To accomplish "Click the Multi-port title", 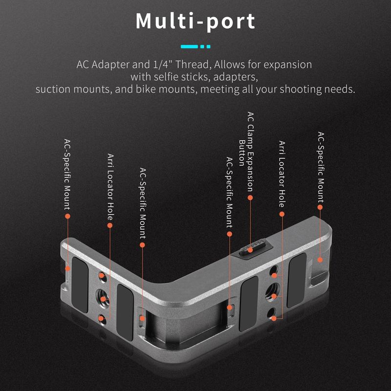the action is click(195, 22).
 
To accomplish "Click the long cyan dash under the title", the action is click(189, 46).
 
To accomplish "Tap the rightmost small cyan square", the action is click(209, 46).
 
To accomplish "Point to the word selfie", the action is click(166, 77).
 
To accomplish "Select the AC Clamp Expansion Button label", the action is click(246, 152).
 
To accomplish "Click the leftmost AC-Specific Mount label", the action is click(67, 174).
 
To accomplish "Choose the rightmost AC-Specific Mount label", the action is click(321, 167).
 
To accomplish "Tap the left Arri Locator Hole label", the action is click(110, 187).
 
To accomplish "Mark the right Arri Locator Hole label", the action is click(282, 174).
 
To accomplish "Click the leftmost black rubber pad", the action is click(80, 285).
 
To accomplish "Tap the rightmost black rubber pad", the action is click(297, 280).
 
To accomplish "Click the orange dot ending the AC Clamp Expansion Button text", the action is click(250, 198).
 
